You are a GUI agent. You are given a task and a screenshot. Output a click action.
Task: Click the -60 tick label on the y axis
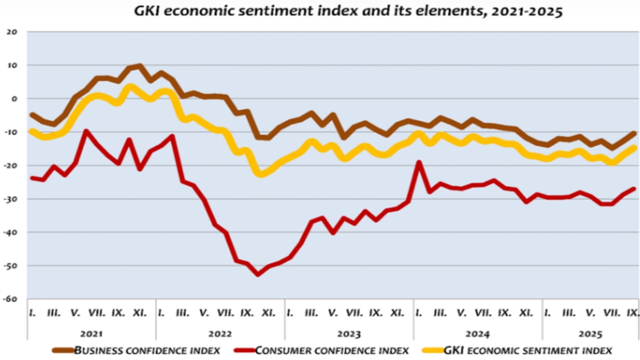11,299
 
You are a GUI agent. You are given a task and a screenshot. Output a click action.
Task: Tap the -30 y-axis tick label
11,199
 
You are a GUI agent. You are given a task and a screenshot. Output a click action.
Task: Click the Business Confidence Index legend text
147,350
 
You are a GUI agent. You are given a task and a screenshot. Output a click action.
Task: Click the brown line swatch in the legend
63,350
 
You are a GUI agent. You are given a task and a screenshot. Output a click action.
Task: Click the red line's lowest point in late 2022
258,274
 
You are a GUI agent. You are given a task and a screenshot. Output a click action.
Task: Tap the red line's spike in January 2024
419,162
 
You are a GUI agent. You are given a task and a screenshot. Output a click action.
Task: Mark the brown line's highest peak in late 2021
140,66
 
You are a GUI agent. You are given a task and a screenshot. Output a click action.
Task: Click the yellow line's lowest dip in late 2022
261,174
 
